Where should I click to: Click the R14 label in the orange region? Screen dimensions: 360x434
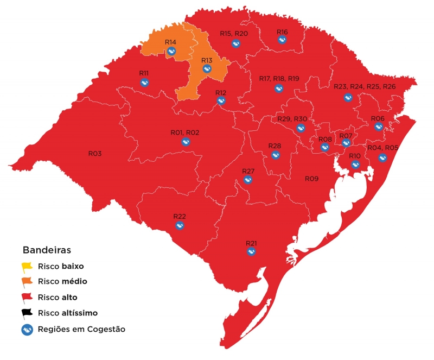170,42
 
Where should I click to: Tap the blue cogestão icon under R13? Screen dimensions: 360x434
207,69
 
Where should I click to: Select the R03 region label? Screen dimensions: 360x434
95,154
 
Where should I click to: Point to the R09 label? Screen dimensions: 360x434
311,179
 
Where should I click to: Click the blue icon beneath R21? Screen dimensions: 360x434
251,251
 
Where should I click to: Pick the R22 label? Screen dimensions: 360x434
180,216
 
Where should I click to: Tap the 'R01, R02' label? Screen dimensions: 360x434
185,133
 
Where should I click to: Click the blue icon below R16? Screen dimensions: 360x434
282,40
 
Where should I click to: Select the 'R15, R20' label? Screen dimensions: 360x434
234,34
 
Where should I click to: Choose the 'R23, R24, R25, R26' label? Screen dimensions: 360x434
365,87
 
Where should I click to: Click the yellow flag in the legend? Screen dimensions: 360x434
27,267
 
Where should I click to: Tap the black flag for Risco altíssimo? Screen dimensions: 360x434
27,313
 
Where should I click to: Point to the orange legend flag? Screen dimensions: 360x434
27,282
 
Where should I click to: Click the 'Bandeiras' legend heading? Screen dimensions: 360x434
47,250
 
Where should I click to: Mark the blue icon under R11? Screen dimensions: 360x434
144,83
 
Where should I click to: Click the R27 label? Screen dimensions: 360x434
248,171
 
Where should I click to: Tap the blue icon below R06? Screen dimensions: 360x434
378,127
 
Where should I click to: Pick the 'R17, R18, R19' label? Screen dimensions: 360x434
279,79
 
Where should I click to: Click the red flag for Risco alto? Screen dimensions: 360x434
27,298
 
